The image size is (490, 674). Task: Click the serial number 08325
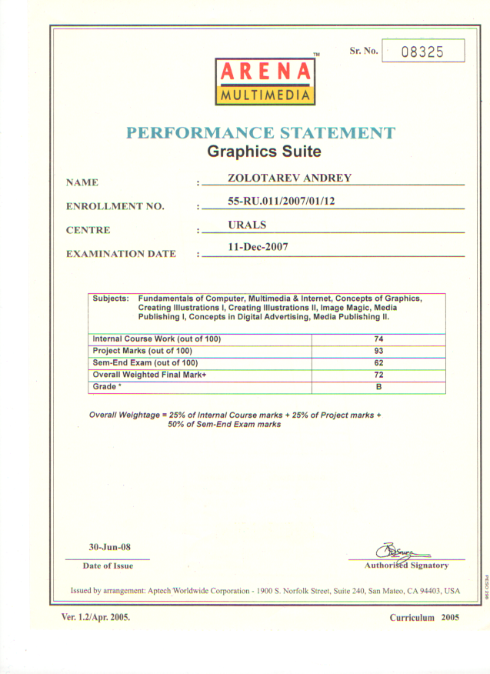click(423, 52)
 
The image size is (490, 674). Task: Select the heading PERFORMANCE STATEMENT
click(261, 132)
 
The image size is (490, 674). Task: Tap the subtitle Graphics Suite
click(264, 152)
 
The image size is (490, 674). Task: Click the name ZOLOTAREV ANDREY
click(289, 179)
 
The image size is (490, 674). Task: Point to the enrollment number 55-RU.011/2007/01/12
click(282, 202)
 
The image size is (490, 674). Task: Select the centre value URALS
click(246, 225)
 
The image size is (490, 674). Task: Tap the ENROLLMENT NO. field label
click(115, 206)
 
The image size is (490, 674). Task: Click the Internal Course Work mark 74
click(378, 339)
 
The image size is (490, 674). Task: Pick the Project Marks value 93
click(378, 351)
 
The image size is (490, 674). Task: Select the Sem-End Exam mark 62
click(378, 362)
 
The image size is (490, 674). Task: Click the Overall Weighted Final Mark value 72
click(378, 374)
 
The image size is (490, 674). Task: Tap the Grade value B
click(378, 386)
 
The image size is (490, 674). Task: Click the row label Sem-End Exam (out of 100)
click(145, 362)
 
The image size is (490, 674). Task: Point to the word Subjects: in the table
click(111, 298)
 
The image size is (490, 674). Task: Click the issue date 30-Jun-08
click(109, 547)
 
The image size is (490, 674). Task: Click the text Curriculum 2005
click(424, 618)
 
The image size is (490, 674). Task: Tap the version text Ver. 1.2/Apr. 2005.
click(95, 617)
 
